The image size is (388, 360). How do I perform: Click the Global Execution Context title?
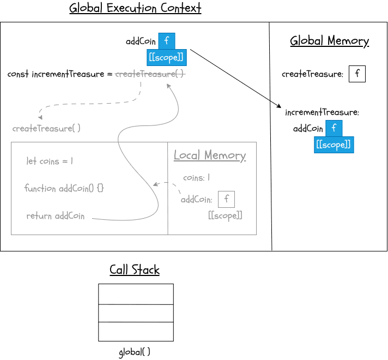[x=135, y=9]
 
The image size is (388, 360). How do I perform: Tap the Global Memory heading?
[x=329, y=41]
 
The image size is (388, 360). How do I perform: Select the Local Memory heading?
[x=210, y=156]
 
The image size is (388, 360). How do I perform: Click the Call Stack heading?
[x=135, y=270]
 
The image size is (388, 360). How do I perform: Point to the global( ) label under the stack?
[x=135, y=352]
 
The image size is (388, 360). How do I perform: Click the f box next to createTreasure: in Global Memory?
[x=357, y=74]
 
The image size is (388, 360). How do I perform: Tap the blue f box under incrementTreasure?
[x=334, y=129]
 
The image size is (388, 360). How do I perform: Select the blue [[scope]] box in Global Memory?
[x=334, y=145]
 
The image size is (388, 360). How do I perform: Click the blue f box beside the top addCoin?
[x=167, y=41]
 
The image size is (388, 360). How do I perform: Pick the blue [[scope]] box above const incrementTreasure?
[x=166, y=57]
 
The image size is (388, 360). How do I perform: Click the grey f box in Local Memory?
[x=226, y=200]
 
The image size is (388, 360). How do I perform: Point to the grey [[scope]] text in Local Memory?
[x=225, y=215]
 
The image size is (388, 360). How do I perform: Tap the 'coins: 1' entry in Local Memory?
[x=196, y=178]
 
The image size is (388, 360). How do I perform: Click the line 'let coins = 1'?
[x=50, y=161]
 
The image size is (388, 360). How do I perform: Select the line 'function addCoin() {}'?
[x=64, y=188]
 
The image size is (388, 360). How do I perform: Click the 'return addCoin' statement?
[x=56, y=216]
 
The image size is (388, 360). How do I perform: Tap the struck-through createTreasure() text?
[x=150, y=74]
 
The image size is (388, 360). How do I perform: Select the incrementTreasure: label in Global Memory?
[x=322, y=113]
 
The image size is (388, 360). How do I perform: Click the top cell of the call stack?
[x=136, y=294]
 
